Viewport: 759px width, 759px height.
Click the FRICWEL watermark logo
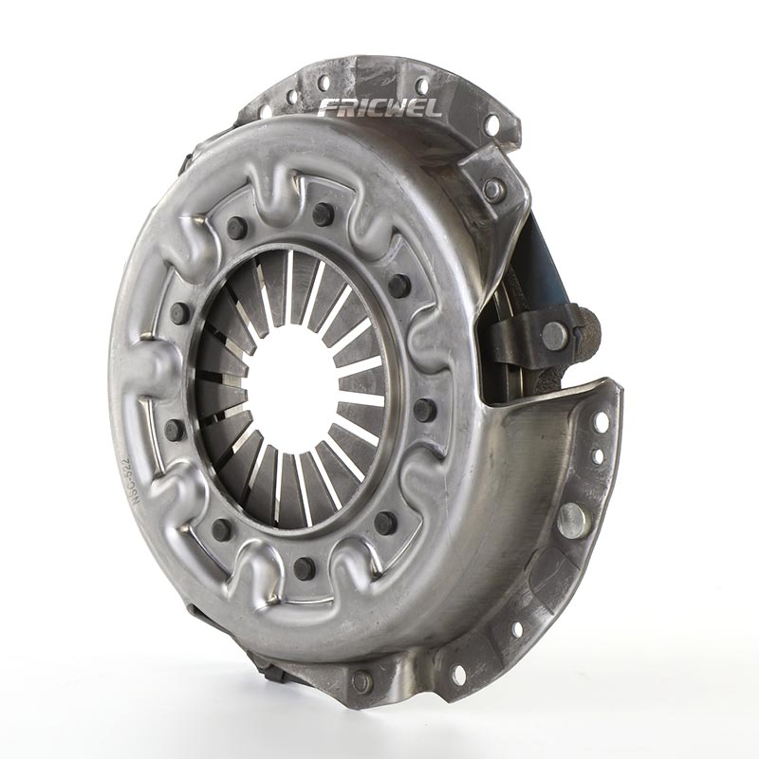pyautogui.click(x=379, y=106)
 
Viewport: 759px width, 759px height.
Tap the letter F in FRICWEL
pyautogui.click(x=327, y=107)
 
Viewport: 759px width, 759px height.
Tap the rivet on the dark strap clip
pyautogui.click(x=555, y=334)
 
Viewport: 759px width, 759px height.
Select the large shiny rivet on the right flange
pyautogui.click(x=571, y=518)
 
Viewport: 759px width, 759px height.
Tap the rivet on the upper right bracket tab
pyautogui.click(x=493, y=188)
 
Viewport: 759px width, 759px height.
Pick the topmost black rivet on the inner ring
pyautogui.click(x=323, y=213)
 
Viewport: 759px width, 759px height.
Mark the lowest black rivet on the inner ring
pyautogui.click(x=304, y=568)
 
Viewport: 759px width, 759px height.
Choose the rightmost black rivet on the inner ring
pyautogui.click(x=424, y=410)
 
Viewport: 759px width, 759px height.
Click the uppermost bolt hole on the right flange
pyautogui.click(x=601, y=421)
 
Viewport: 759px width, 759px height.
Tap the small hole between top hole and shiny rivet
pyautogui.click(x=598, y=456)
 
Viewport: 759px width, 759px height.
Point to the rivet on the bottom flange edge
pyautogui.click(x=361, y=680)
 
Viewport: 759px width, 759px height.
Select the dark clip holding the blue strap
pyautogui.click(x=541, y=334)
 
